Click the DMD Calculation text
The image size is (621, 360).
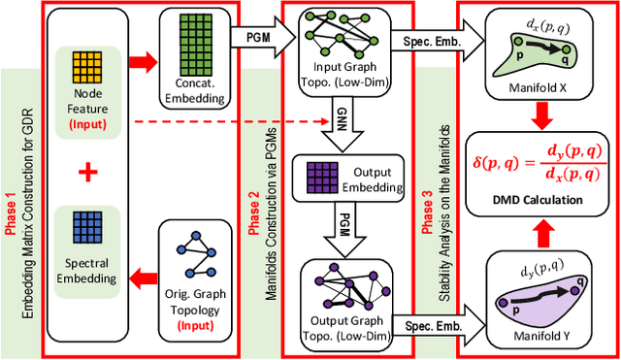click(538, 200)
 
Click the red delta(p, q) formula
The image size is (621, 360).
click(538, 163)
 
